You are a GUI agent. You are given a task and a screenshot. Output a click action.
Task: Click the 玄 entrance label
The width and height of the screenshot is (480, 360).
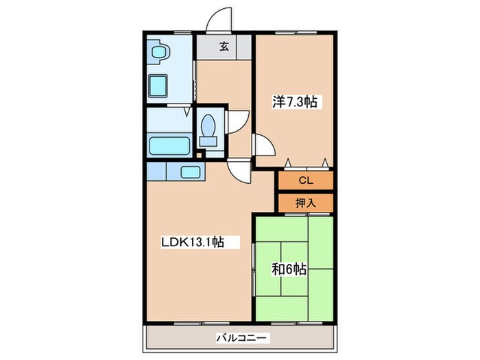point(224,47)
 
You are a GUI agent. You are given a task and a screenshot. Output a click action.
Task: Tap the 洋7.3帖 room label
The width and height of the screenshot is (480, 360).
point(294,101)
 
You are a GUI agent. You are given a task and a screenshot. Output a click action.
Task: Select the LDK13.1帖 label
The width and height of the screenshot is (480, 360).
point(193,242)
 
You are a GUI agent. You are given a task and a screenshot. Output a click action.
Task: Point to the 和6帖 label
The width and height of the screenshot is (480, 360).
point(289,269)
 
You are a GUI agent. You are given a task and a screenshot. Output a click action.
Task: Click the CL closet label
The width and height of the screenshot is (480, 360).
point(306,180)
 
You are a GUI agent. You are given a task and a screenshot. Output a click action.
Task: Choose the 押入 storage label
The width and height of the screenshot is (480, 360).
point(306,203)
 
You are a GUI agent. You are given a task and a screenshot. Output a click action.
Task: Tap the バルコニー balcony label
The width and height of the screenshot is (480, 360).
point(241,338)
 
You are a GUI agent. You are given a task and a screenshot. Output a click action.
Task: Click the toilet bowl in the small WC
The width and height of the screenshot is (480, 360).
point(208,125)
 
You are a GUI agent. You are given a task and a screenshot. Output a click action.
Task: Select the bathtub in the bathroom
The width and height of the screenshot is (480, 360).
point(169,145)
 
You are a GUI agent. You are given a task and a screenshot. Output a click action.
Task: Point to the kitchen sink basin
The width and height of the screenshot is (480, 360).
point(191,172)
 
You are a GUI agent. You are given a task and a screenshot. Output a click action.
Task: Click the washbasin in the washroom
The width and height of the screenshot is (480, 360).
point(160,51)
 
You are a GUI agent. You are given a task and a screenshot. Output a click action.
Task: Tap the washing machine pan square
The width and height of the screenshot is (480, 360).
point(158,86)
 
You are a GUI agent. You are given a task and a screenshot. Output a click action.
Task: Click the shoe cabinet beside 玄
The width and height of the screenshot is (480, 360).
point(244,47)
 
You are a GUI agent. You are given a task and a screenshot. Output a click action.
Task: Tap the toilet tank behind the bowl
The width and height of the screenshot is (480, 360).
point(208,141)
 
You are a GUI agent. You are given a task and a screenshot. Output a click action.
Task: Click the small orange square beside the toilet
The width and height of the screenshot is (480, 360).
point(200,155)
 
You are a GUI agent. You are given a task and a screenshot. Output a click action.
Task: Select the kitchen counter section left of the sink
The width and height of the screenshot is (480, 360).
point(156,171)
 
